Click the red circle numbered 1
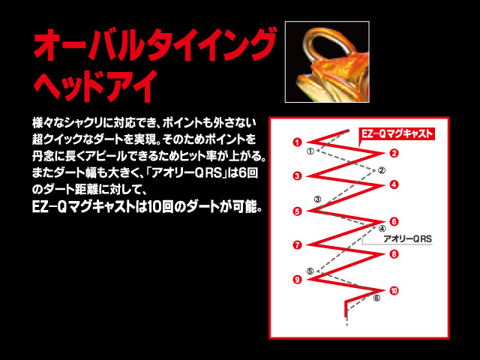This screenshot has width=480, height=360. [x=297, y=142]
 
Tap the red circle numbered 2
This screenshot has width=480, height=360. [x=394, y=153]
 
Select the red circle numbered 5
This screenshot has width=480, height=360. [x=297, y=211]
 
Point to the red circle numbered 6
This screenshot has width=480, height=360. [x=394, y=222]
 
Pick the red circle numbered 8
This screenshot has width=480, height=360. [x=394, y=254]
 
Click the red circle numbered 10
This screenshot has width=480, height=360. [x=394, y=291]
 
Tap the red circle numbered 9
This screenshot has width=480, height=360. [x=297, y=280]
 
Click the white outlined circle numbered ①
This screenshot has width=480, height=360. [x=310, y=151]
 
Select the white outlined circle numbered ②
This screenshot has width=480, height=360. [x=382, y=170]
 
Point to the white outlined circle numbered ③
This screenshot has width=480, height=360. [x=318, y=199]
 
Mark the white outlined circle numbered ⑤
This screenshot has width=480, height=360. [x=310, y=271]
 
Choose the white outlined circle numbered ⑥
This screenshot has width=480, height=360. [x=377, y=298]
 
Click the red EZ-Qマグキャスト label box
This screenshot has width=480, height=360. [x=397, y=134]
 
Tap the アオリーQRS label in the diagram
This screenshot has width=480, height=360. [x=407, y=238]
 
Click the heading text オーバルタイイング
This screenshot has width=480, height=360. [x=154, y=44]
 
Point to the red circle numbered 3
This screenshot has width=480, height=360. [x=297, y=176]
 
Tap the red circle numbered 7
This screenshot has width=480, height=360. [x=297, y=245]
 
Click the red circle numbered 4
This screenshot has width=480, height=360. [x=394, y=184]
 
